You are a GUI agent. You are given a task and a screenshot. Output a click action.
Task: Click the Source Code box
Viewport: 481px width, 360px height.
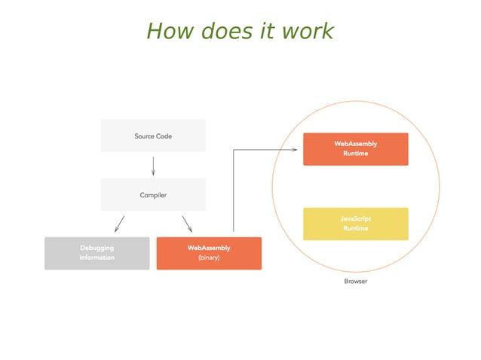[153, 136]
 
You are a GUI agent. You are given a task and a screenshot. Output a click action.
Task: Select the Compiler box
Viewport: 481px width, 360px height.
[153, 194]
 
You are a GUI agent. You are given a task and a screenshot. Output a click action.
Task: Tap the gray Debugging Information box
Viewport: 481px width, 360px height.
[97, 253]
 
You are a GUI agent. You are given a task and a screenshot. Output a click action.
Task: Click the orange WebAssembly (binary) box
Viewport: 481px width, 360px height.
[209, 253]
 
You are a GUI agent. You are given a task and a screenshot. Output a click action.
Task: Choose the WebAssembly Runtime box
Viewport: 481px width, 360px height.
[355, 148]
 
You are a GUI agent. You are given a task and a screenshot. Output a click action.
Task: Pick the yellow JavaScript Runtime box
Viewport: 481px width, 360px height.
[355, 224]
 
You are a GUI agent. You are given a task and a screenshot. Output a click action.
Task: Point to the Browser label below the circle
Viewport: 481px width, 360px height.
[355, 281]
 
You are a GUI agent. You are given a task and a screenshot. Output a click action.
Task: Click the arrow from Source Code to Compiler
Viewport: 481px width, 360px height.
[153, 165]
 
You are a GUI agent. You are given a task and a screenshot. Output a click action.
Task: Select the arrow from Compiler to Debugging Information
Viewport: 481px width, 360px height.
[119, 224]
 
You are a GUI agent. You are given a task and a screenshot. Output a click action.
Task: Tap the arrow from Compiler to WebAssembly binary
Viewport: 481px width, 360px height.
[187, 224]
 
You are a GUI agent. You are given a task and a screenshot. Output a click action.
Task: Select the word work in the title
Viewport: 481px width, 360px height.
[308, 31]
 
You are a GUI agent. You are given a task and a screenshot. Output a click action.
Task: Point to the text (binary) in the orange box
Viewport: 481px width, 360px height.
[209, 258]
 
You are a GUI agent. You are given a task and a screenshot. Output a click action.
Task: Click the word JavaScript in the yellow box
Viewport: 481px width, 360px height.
[355, 218]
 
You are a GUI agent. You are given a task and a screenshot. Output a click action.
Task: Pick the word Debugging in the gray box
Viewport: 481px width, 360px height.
[97, 248]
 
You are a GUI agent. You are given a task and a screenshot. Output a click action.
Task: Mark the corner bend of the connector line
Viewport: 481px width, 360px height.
[234, 150]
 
